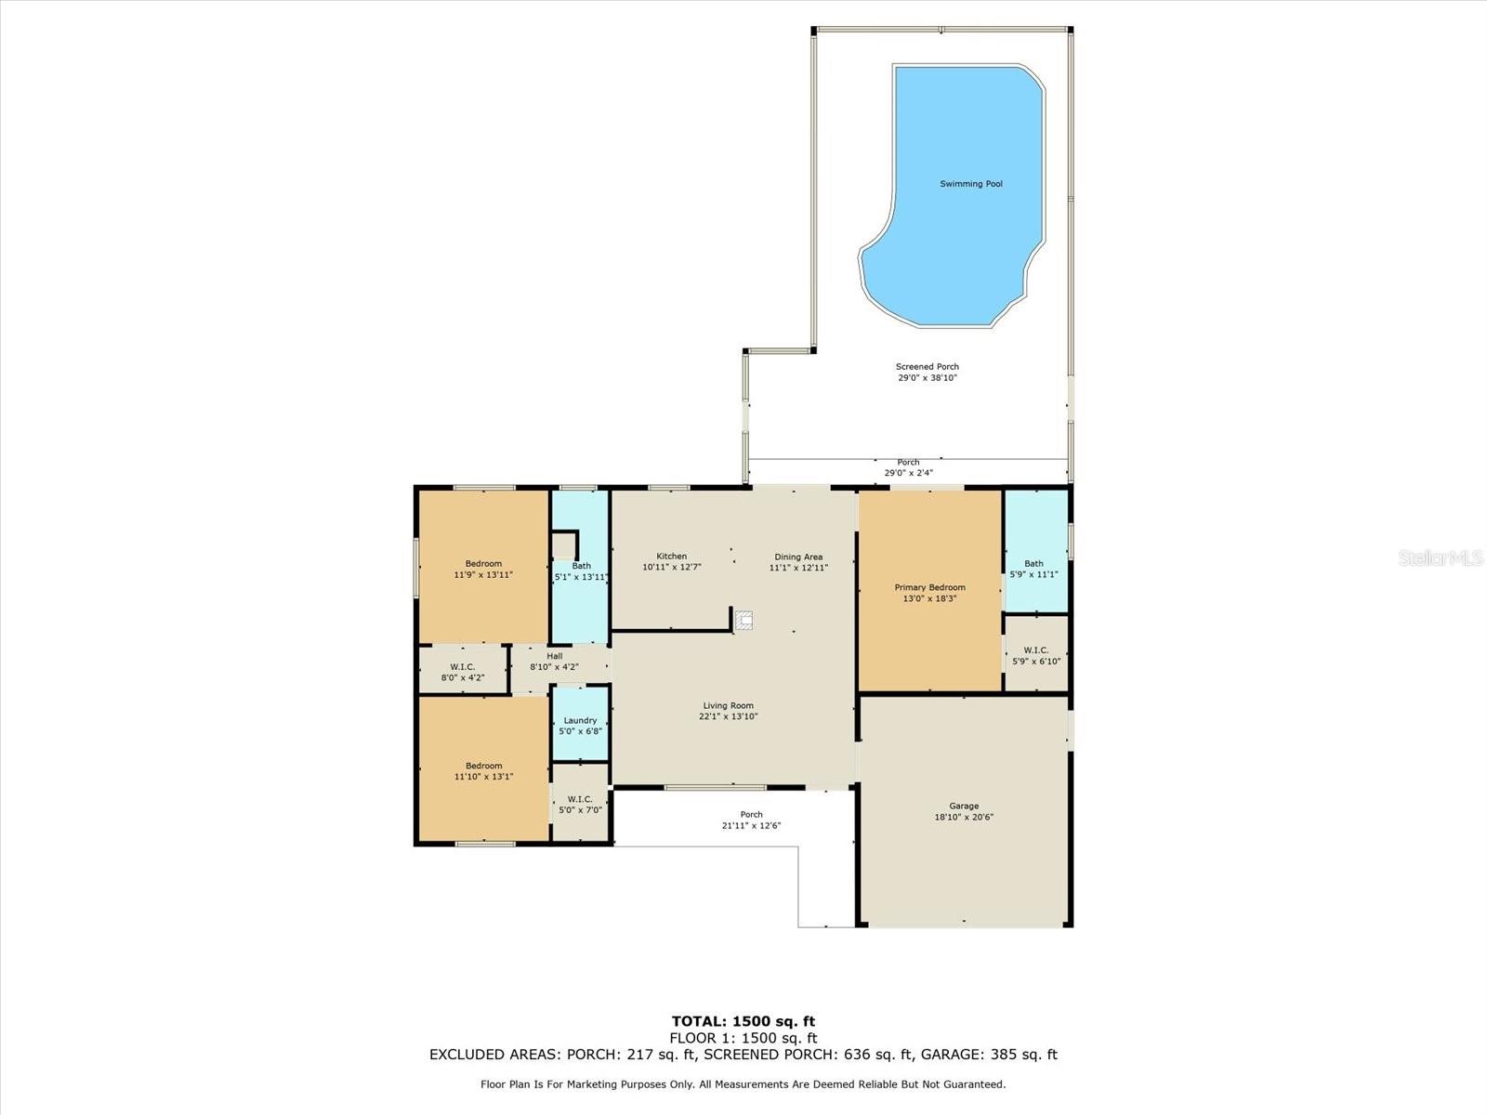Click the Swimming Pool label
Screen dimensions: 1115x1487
coord(971,184)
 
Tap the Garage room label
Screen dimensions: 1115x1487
coord(964,807)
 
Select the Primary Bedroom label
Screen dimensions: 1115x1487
coord(929,587)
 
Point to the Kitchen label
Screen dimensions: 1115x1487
coord(671,557)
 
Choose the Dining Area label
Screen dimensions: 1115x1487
coord(798,557)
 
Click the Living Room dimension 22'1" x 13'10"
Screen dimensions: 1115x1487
coord(729,716)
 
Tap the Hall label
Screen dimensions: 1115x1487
coord(554,656)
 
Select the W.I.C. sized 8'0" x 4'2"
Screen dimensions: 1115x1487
coord(462,672)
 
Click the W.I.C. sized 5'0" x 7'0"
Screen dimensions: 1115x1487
coord(580,804)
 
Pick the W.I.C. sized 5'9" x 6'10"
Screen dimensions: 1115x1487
coord(1035,655)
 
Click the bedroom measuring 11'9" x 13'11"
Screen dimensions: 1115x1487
coord(483,569)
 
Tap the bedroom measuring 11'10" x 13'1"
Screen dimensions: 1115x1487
coord(483,770)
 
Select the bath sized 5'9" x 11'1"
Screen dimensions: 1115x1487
coord(1033,568)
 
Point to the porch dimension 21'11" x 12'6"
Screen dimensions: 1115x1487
coord(751,826)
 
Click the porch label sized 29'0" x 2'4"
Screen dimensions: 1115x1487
coord(908,467)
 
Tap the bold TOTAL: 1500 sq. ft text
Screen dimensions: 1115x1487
coord(743,1022)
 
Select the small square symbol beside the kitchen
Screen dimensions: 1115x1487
coord(743,621)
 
